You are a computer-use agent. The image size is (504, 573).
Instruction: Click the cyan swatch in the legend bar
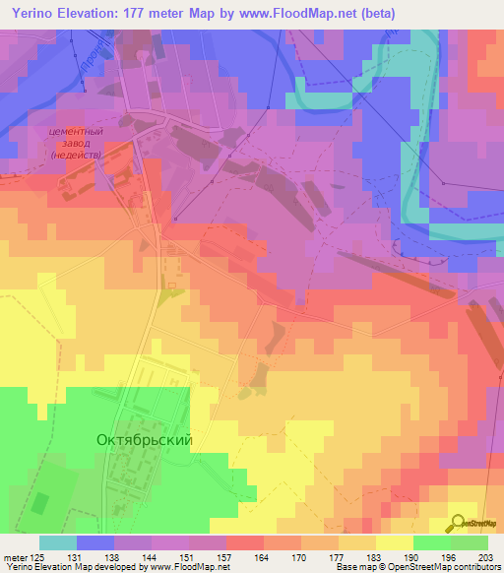coord(57,542)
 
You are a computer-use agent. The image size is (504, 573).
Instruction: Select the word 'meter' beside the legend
coord(16,557)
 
